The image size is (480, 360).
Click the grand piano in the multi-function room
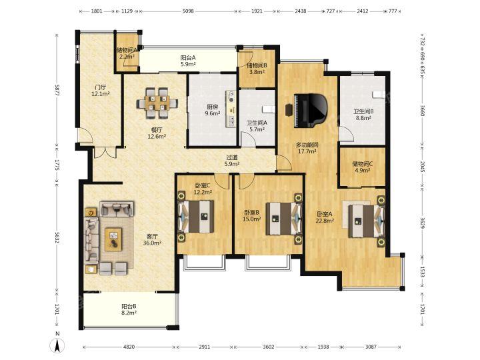[x=311, y=111]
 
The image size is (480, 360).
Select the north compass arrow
[x=57, y=344]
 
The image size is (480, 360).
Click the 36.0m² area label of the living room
[x=152, y=243]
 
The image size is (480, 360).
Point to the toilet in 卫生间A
[x=269, y=109]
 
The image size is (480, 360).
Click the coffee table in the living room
[x=113, y=239]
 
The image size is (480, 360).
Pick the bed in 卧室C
[x=196, y=216]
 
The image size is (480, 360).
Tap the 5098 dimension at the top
[x=188, y=11]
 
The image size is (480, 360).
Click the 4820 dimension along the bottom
[x=129, y=347]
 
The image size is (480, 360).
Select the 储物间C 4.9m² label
[x=363, y=167]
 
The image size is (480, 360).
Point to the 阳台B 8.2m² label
[x=129, y=309]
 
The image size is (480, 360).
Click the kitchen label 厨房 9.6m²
[x=213, y=110]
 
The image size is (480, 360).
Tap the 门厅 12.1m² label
[x=101, y=91]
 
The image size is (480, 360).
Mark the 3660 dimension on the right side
[x=422, y=110]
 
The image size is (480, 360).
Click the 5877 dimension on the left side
[x=57, y=90]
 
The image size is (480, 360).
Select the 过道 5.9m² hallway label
[x=232, y=161]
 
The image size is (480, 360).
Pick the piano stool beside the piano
[x=289, y=110]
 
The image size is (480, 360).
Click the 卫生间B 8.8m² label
[x=363, y=115]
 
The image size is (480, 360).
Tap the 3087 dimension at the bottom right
[x=371, y=347]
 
